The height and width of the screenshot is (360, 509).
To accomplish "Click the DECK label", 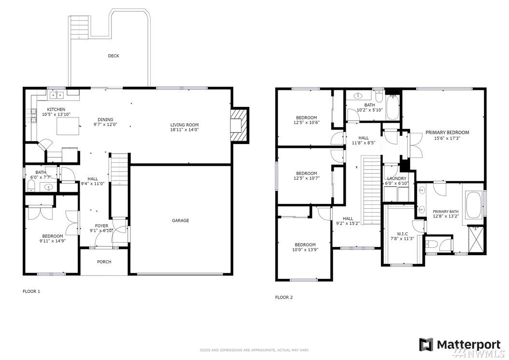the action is tap(113, 56).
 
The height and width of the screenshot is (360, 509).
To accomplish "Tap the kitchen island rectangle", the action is tap(69, 126).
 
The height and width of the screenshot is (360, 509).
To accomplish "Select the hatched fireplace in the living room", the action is tap(239, 125).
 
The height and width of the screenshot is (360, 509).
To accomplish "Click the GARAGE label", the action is tap(180, 221).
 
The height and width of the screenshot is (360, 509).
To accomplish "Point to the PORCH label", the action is tap(104, 262).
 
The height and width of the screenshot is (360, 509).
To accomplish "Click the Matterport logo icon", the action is tap(426, 345).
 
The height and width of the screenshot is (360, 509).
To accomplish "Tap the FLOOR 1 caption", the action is tap(31, 291).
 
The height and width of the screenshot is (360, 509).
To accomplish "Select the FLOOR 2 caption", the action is tap(284, 297).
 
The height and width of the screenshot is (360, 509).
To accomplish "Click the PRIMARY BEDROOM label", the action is tap(447, 132).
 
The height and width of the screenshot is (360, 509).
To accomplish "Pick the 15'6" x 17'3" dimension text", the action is tap(447, 138).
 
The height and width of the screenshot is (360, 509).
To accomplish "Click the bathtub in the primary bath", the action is tap(474, 205).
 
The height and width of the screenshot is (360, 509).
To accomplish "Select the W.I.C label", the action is tap(402, 234).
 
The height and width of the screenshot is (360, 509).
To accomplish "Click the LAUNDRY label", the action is tap(396, 179).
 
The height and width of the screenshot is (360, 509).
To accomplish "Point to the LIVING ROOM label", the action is tap(184, 125).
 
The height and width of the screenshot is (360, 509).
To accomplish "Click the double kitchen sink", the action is tap(57, 95).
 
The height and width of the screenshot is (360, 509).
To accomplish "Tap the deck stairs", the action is tap(80, 27).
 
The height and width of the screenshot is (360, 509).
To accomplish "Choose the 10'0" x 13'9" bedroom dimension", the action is tap(305, 250).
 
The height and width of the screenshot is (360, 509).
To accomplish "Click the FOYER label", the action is tap(101, 226).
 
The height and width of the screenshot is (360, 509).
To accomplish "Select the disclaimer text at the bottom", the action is tap(254, 350).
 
